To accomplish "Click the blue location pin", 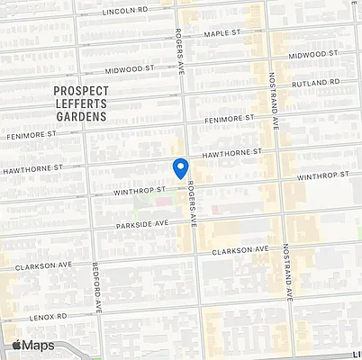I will point(180,167).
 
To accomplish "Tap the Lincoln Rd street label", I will point(124,11).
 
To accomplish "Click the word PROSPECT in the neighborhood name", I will point(81,91).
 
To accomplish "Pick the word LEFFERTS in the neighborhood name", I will point(81,103).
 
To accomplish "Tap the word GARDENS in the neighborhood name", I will point(81,116).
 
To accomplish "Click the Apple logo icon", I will point(17,345).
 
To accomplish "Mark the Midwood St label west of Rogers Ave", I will point(131,68).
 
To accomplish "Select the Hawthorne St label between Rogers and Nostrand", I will point(233,155).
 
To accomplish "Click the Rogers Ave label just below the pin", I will point(190,205).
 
